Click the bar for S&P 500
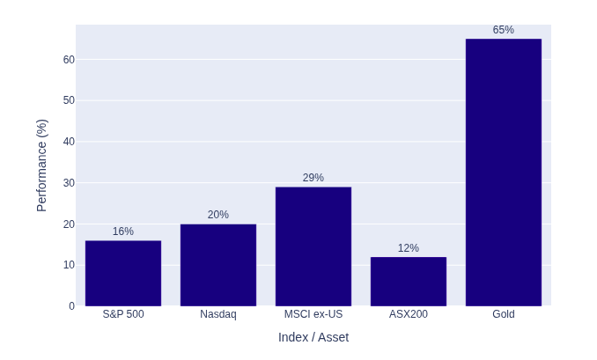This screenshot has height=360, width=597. click(x=123, y=273)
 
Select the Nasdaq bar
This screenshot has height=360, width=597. click(x=218, y=265)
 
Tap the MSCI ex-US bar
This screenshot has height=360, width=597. click(x=313, y=246)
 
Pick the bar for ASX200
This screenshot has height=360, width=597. click(x=409, y=282)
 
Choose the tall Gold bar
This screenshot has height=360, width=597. click(x=504, y=173)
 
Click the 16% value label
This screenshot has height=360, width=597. click(x=123, y=231)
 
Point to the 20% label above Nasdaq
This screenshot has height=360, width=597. click(x=218, y=215)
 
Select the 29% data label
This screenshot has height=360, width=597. click(x=313, y=178)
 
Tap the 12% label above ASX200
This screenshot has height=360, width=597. click(x=409, y=248)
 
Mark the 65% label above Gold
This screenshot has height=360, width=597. click(x=504, y=30)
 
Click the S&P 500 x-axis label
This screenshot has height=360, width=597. click(x=123, y=314)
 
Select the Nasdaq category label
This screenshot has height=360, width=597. click(x=218, y=314)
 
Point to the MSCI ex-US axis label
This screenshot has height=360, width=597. click(x=313, y=314)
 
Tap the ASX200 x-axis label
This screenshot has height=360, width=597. click(x=409, y=314)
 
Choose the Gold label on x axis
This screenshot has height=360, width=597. click(x=504, y=314)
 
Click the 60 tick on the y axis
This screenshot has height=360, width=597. click(x=69, y=60)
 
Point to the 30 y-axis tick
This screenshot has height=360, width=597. click(x=69, y=183)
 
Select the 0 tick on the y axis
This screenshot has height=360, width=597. click(x=71, y=306)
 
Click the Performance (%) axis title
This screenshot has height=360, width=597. click(x=41, y=165)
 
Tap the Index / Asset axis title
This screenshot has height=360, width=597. click(x=313, y=337)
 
